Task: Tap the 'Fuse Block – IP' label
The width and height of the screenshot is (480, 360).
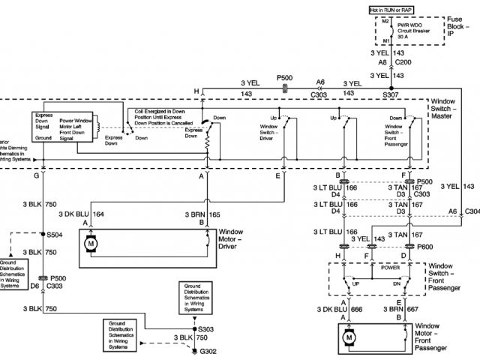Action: (450, 28)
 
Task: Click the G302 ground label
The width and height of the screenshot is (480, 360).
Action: (207, 351)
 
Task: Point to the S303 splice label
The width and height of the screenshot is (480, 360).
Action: (207, 328)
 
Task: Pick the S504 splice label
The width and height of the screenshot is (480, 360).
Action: (55, 235)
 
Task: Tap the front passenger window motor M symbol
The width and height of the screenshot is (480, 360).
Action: (349, 338)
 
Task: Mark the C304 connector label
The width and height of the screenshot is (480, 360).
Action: (472, 212)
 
